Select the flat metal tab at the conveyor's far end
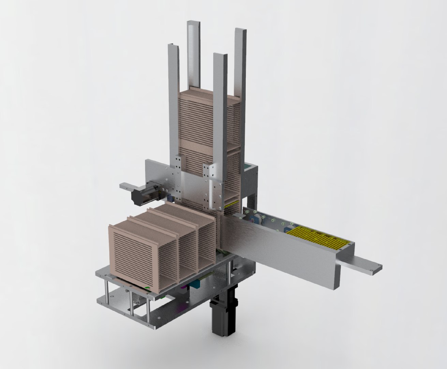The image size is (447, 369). (361, 263)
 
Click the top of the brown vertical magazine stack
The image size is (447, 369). (208, 93)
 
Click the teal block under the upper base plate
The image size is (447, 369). (198, 284)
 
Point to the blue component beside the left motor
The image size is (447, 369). (170, 198)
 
